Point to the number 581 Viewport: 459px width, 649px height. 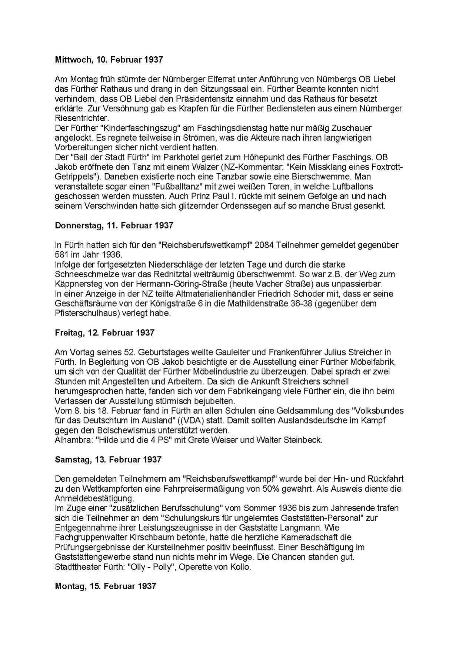61,255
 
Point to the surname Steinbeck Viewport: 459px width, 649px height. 304,440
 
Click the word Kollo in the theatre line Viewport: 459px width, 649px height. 242,567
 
